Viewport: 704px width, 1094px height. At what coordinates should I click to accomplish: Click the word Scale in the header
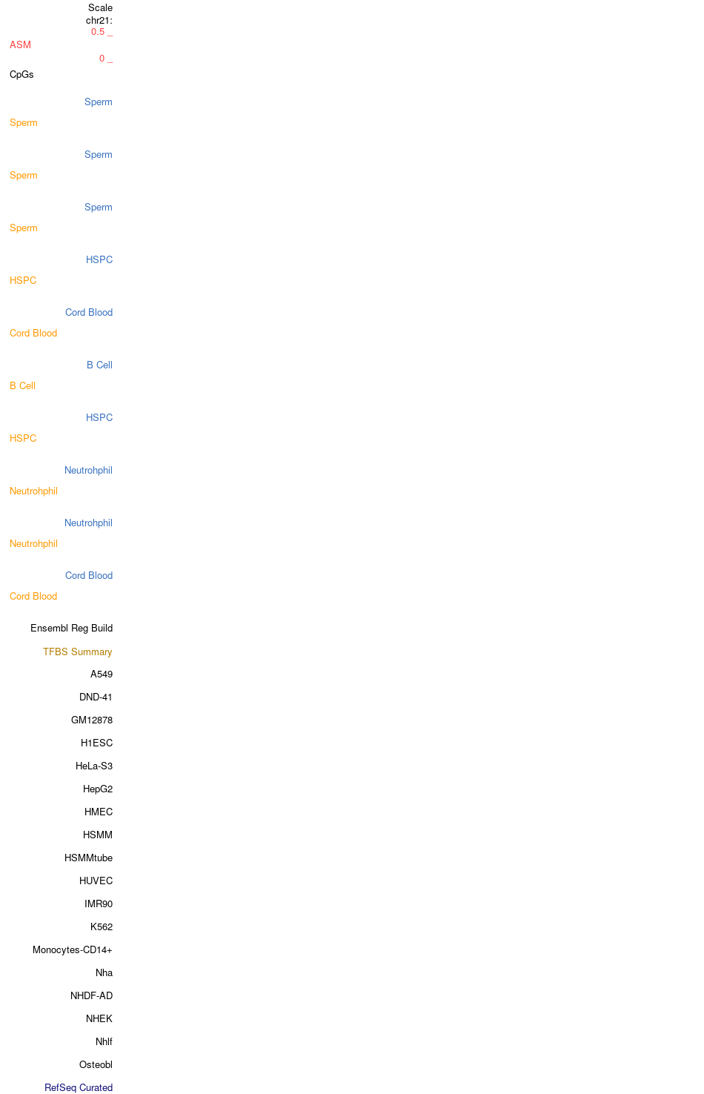click(100, 8)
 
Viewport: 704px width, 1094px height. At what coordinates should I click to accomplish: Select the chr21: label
click(99, 20)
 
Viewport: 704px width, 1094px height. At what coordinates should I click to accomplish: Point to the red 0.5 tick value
click(98, 32)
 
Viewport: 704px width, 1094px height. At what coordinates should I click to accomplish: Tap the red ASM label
click(20, 45)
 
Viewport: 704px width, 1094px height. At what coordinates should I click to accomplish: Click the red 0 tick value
click(102, 59)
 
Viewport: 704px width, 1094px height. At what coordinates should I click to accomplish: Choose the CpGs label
click(21, 75)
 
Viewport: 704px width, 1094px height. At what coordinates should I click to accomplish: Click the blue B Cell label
click(99, 365)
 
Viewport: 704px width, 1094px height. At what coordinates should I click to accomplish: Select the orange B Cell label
click(22, 386)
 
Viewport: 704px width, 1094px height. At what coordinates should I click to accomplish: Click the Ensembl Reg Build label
click(72, 629)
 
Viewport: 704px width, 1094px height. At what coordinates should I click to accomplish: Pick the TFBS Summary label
click(78, 652)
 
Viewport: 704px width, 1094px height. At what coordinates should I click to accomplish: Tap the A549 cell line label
click(102, 674)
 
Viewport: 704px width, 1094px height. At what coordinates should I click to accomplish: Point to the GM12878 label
click(92, 720)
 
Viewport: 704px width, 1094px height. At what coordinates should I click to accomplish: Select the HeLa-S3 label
click(94, 766)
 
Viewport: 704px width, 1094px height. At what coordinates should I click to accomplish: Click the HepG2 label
click(98, 789)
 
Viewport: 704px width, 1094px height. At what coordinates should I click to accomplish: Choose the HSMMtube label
click(89, 858)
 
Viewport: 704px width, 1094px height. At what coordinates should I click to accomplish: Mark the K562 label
click(102, 927)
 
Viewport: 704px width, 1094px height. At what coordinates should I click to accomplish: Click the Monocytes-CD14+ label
click(72, 950)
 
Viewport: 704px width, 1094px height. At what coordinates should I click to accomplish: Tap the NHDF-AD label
click(91, 996)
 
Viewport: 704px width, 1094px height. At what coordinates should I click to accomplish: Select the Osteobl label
click(96, 1065)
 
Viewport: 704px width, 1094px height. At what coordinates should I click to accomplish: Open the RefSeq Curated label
click(79, 1088)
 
